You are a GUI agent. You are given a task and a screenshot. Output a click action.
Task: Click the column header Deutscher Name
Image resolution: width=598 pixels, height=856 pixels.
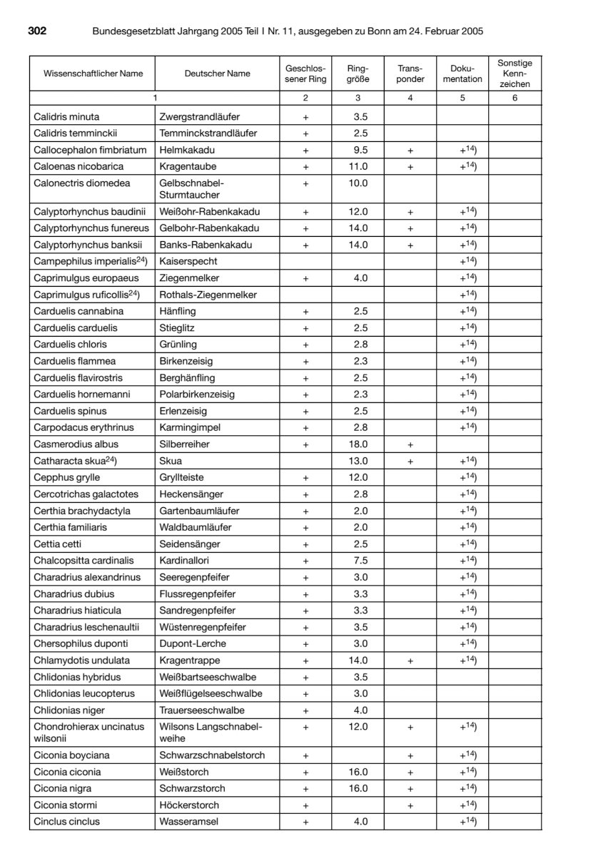[217, 73]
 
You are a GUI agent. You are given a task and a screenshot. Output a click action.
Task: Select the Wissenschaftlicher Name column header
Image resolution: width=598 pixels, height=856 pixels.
[93, 73]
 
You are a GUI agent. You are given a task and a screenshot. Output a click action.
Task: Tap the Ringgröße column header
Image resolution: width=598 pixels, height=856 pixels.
[358, 73]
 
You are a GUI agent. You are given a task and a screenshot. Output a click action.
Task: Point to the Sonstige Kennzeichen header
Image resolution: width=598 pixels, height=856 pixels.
[515, 73]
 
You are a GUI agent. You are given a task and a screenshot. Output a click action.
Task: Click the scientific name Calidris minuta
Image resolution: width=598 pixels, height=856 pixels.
[67, 116]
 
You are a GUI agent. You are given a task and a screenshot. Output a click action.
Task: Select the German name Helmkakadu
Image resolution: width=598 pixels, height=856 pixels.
[187, 150]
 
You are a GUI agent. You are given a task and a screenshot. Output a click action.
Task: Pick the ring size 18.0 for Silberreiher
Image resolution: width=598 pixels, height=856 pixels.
[358, 444]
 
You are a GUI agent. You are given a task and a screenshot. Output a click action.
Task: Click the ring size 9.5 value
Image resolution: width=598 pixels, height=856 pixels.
[358, 150]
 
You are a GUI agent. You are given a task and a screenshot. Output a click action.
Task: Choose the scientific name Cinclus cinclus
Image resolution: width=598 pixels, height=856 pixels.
[67, 822]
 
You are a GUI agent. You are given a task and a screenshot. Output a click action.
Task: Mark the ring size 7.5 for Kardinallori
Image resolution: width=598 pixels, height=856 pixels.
[358, 560]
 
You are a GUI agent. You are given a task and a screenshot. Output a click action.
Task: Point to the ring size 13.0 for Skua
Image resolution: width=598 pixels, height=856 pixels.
[358, 460]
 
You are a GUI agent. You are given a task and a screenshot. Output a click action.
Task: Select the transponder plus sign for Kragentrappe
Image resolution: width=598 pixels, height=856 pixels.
[410, 661]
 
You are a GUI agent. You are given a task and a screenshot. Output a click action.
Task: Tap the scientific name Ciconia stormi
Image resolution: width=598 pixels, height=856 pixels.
[65, 805]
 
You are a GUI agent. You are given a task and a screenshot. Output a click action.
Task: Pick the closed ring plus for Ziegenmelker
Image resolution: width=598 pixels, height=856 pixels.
[305, 277]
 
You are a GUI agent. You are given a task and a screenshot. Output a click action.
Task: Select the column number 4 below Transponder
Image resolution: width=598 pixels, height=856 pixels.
[410, 98]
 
